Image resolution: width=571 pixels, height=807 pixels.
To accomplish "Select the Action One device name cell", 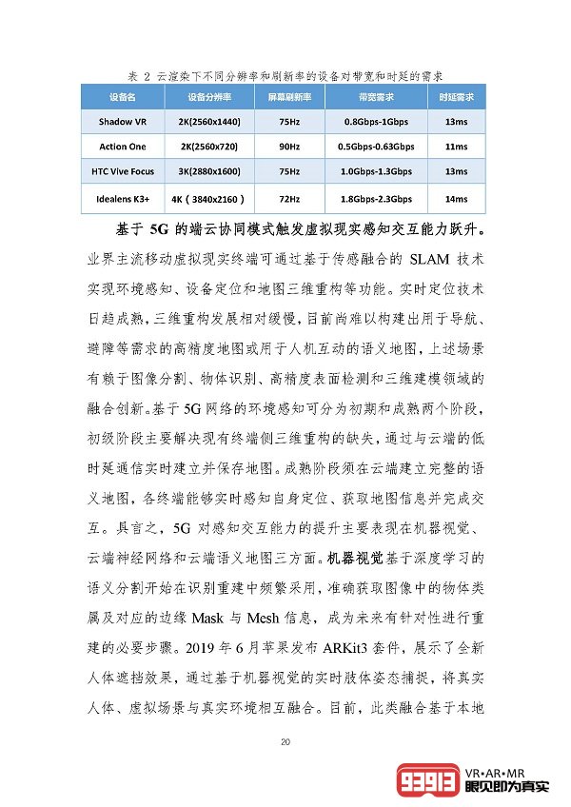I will [x=122, y=147].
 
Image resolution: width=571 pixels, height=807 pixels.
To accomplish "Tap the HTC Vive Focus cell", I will [x=122, y=171].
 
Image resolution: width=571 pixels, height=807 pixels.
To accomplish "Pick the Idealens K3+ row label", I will [x=122, y=198].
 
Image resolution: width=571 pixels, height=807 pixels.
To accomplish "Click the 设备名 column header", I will [x=122, y=97].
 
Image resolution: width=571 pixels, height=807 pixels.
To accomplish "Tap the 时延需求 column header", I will [x=456, y=97].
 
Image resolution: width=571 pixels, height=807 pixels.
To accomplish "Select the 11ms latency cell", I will [x=456, y=147].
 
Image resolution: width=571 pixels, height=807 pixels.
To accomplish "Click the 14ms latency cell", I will [x=456, y=198].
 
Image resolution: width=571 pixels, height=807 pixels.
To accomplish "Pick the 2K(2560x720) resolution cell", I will [x=209, y=147].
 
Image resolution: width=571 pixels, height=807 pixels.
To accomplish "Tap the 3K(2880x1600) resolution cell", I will [x=209, y=171].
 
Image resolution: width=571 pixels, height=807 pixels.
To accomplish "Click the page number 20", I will [x=285, y=742].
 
